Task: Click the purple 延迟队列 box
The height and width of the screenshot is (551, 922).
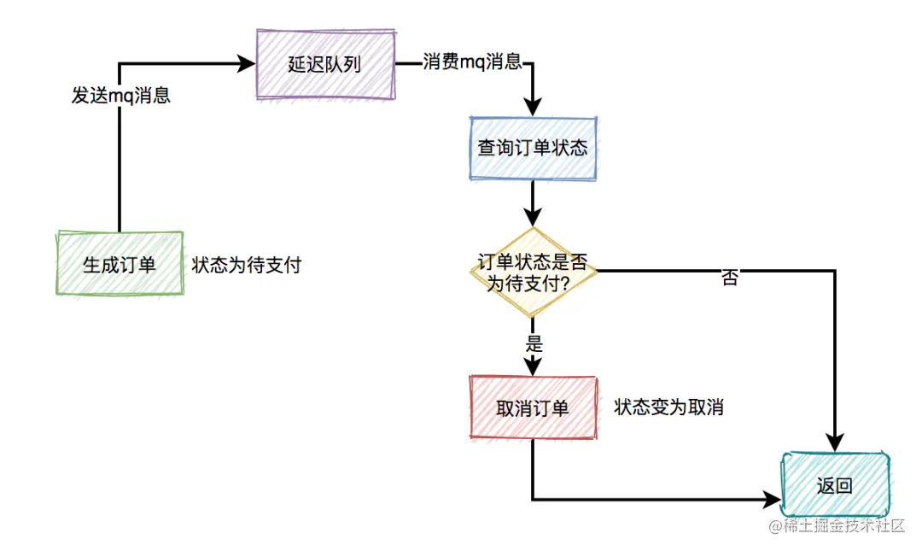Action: click(x=326, y=65)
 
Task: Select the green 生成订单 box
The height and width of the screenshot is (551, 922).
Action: click(x=120, y=264)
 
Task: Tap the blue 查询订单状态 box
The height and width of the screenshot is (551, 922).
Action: click(x=532, y=148)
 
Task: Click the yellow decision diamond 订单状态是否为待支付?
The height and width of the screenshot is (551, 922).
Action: click(x=532, y=272)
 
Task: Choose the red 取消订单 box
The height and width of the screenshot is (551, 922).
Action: click(x=532, y=408)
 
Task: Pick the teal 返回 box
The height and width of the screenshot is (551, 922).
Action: click(x=835, y=485)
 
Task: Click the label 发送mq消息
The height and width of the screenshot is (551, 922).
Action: click(x=120, y=96)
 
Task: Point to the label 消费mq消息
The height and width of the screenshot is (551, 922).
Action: click(x=472, y=63)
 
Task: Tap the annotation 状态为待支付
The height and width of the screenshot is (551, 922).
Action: click(x=247, y=265)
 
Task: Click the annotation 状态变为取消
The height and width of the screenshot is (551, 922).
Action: click(x=668, y=407)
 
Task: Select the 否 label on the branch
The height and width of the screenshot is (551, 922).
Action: click(x=729, y=278)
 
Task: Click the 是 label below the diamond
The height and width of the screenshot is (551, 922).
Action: click(x=534, y=345)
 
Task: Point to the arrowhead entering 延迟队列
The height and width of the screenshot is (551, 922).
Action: click(x=248, y=64)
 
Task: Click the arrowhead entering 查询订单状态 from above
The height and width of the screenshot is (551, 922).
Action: click(x=533, y=108)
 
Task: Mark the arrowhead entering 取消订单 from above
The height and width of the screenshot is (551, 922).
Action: click(x=533, y=366)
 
